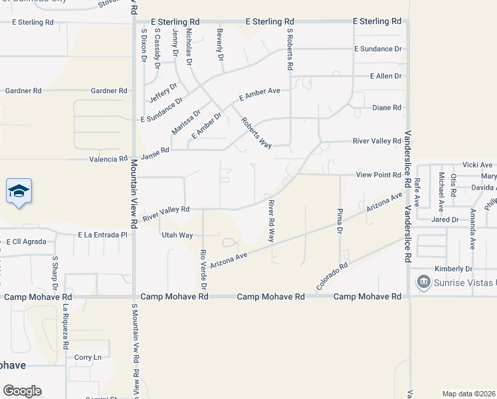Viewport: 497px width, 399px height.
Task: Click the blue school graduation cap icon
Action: pyautogui.click(x=19, y=192)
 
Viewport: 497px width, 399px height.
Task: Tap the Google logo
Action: pyautogui.click(x=22, y=391)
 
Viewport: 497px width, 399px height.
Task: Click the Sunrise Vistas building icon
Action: pyautogui.click(x=423, y=283)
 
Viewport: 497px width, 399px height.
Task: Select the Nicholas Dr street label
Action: pyautogui.click(x=189, y=46)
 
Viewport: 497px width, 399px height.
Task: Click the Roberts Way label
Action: pyautogui.click(x=256, y=133)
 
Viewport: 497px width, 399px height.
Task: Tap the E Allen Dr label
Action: pyautogui.click(x=386, y=76)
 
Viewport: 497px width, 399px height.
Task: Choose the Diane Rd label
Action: pyautogui.click(x=387, y=108)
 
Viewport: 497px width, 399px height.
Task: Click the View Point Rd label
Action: pyautogui.click(x=379, y=175)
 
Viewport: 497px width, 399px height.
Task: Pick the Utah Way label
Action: pyautogui.click(x=177, y=235)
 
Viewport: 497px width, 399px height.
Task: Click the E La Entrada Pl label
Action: pyautogui.click(x=102, y=235)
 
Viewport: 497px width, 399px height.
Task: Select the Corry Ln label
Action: pyautogui.click(x=88, y=357)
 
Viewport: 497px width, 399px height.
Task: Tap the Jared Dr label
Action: pyautogui.click(x=445, y=219)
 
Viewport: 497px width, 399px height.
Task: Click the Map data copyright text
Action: pyautogui.click(x=469, y=394)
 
